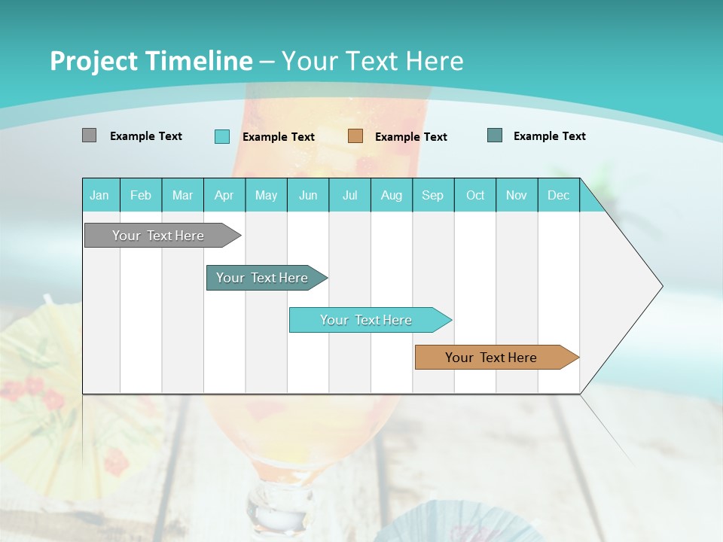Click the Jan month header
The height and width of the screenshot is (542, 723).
pyautogui.click(x=99, y=195)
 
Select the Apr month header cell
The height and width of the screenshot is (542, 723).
pyautogui.click(x=224, y=195)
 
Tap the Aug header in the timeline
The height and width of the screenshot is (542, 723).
pyautogui.click(x=391, y=195)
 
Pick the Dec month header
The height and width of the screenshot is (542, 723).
pyautogui.click(x=558, y=195)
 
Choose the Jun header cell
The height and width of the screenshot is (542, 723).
pyautogui.click(x=308, y=195)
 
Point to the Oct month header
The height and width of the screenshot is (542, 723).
pyautogui.click(x=475, y=195)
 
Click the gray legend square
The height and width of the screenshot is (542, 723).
pyautogui.click(x=89, y=135)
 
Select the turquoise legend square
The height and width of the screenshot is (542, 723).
pyautogui.click(x=221, y=136)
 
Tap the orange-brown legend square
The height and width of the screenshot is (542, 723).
pyautogui.click(x=355, y=136)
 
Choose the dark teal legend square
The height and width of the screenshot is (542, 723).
pyautogui.click(x=495, y=135)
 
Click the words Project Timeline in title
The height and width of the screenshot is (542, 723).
pyautogui.click(x=151, y=61)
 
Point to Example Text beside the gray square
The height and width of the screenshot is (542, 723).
pyautogui.click(x=146, y=136)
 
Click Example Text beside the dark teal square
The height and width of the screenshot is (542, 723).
pyautogui.click(x=550, y=136)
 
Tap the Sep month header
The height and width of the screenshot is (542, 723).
pyautogui.click(x=433, y=195)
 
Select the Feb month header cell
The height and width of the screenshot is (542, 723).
pyautogui.click(x=141, y=195)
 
